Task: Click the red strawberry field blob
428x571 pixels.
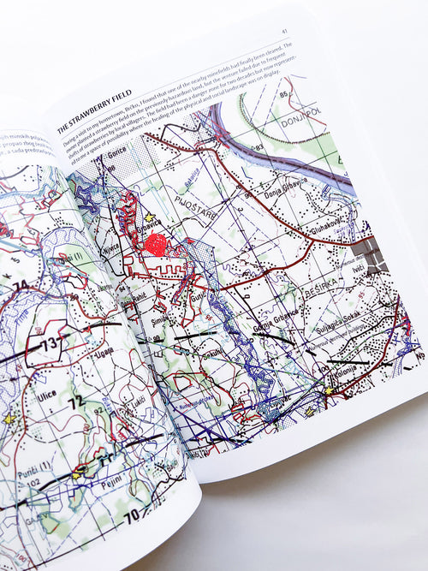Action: pyautogui.click(x=155, y=246)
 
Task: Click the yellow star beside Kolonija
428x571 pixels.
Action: pyautogui.click(x=327, y=390)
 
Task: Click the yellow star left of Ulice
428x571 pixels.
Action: pyautogui.click(x=9, y=419)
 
